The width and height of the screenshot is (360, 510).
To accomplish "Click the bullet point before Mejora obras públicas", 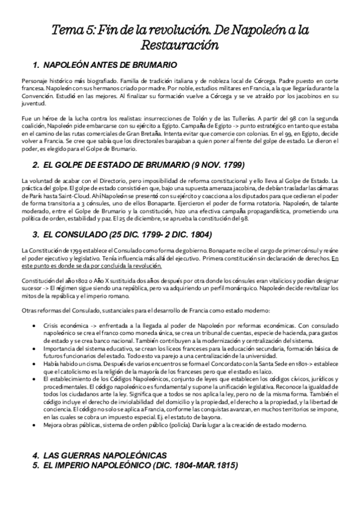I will coord(40,423).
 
